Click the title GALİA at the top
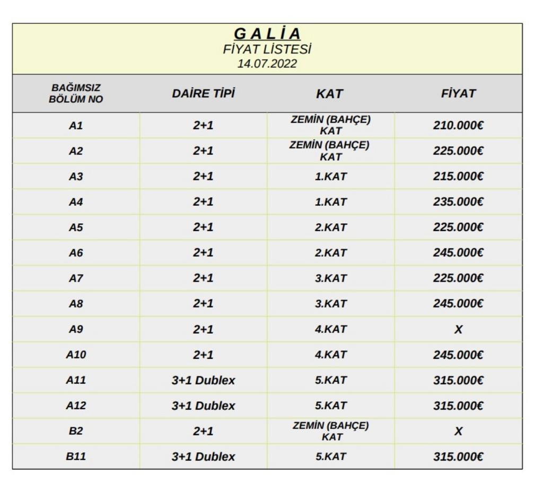[x=267, y=34]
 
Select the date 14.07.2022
[x=267, y=64]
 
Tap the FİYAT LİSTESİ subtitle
[x=267, y=49]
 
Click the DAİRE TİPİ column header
[x=203, y=94]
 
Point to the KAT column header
[x=330, y=94]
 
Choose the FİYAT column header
[x=458, y=94]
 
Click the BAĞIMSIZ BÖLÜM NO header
[x=76, y=93]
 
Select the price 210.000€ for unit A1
[x=458, y=126]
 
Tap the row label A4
[x=76, y=202]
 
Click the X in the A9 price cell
[x=458, y=329]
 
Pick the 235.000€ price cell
[x=458, y=202]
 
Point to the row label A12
[x=76, y=406]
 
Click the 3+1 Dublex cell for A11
[x=203, y=380]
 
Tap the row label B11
[x=76, y=456]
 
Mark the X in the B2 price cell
[x=458, y=431]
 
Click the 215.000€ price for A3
[x=458, y=177]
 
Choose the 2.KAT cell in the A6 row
[x=330, y=253]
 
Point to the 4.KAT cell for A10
[x=330, y=355]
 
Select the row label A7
[x=76, y=278]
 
